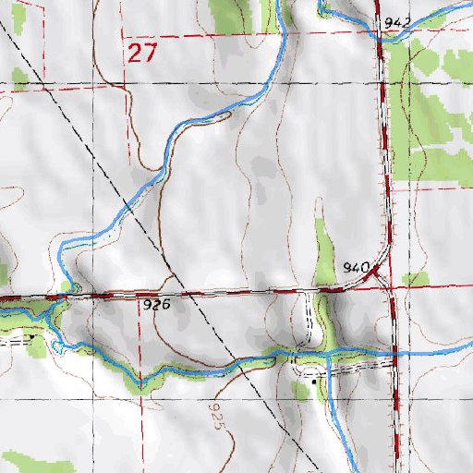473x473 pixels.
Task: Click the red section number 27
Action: click(141, 53)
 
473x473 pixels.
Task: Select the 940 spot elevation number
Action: click(355, 267)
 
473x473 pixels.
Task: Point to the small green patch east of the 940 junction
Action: click(416, 279)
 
